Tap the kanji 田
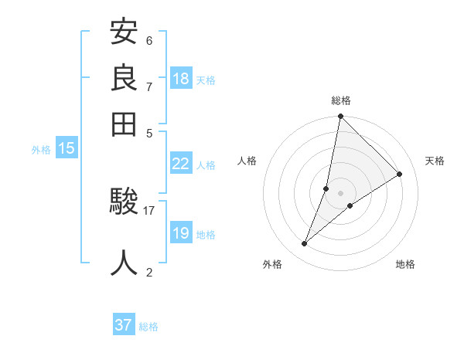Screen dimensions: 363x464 125,124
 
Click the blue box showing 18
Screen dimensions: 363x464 181,78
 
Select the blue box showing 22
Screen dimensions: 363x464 181,163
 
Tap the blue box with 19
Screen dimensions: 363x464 181,232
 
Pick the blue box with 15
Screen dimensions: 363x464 67,149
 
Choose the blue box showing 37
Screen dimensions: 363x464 124,325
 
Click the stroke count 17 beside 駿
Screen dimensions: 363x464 148,209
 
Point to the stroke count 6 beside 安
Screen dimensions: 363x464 148,40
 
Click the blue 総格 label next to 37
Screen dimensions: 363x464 148,327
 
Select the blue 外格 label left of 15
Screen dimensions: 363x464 41,150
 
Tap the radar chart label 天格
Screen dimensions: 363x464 435,161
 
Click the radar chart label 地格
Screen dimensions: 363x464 405,264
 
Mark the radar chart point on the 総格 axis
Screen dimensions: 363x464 340,117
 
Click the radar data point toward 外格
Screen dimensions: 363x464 305,244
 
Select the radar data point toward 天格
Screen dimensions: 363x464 400,174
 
